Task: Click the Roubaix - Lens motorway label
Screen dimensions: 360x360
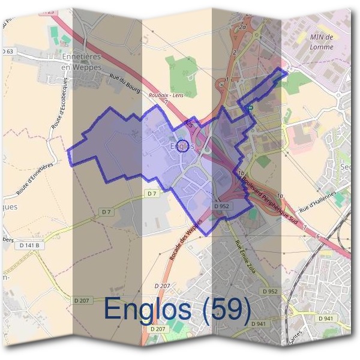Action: [184, 95]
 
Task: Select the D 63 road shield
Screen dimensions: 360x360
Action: [8, 52]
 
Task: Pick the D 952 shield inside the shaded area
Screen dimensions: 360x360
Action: [222, 206]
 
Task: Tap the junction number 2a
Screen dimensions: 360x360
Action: [242, 28]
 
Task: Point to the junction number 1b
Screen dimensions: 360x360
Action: [240, 173]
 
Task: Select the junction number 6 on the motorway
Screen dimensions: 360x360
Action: [317, 236]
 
